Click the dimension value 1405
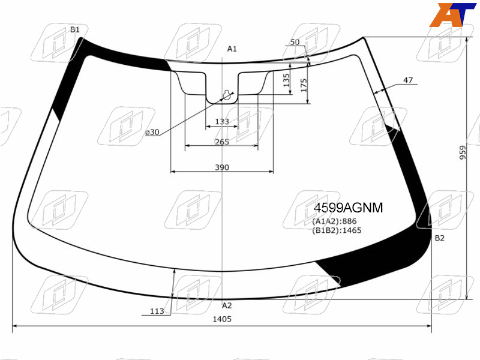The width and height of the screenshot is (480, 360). pyautogui.click(x=222, y=319)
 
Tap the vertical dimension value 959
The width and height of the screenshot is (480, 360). pyautogui.click(x=463, y=152)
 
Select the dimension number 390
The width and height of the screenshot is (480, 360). pyautogui.click(x=222, y=167)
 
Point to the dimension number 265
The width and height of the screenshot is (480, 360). pyautogui.click(x=222, y=142)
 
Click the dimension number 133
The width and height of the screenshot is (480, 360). pyautogui.click(x=222, y=122)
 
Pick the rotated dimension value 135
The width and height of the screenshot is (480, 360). pyautogui.click(x=286, y=80)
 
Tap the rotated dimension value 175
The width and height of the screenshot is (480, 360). pyautogui.click(x=304, y=85)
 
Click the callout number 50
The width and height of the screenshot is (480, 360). pyautogui.click(x=295, y=42)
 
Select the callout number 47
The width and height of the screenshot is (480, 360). pyautogui.click(x=408, y=80)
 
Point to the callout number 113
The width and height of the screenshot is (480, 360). pyautogui.click(x=157, y=311)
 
